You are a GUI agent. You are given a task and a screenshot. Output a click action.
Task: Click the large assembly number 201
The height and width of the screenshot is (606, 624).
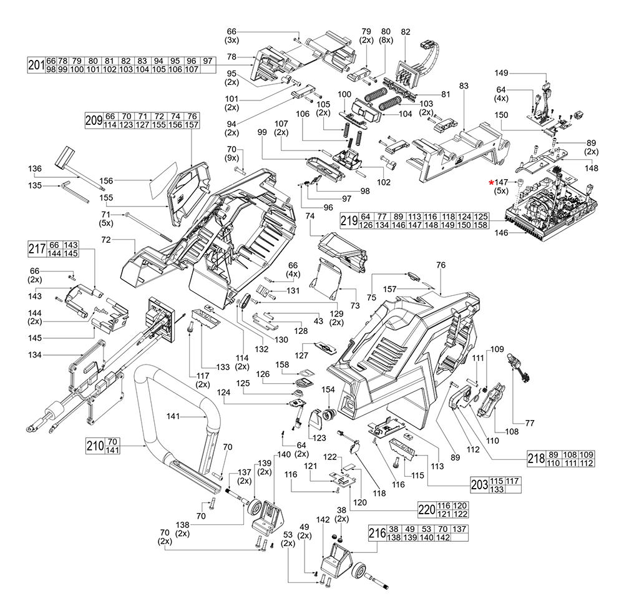pyautogui.click(x=36, y=64)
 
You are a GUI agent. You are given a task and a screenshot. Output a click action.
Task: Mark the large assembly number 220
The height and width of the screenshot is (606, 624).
pyautogui.click(x=426, y=509)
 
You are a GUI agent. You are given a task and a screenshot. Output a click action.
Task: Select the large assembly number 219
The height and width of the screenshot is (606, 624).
pyautogui.click(x=349, y=220)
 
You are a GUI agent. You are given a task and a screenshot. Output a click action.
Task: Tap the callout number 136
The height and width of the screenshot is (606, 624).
pyautogui.click(x=36, y=169)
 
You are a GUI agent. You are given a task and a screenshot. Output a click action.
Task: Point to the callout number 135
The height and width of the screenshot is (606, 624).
pyautogui.click(x=36, y=185)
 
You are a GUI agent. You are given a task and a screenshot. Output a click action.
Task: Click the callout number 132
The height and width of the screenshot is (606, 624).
pyautogui.click(x=248, y=348)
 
